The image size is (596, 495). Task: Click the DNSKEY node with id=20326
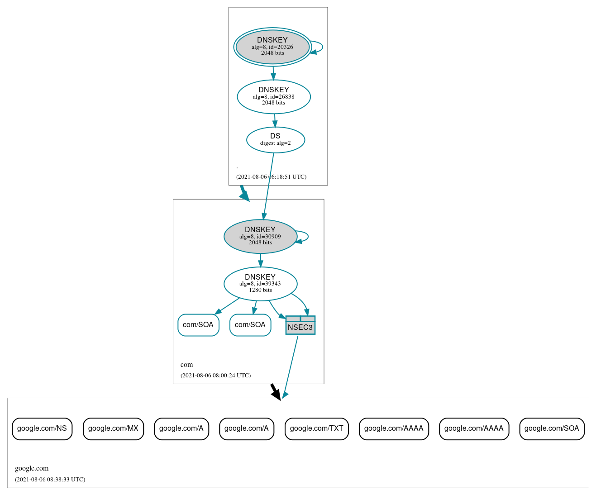point(272,47)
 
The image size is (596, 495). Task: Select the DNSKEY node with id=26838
point(274,96)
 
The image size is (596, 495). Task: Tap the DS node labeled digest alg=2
point(275,140)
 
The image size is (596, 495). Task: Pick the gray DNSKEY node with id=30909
point(260,236)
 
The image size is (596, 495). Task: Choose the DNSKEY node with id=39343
point(260,284)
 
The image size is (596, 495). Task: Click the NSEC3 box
point(300,325)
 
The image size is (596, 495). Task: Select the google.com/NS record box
point(42,428)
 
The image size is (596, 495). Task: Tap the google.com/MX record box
point(113,428)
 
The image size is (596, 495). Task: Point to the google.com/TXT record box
point(316,428)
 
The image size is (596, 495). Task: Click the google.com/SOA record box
point(552,428)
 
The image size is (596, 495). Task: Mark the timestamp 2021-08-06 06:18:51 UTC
point(271,177)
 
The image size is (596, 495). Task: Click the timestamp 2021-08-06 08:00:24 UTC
point(215,376)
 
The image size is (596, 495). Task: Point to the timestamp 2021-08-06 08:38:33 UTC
point(50,480)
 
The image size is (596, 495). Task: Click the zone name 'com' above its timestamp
point(186,365)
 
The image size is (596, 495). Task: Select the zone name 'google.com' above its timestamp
point(32,468)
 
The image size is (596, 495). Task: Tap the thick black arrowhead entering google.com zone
point(277,394)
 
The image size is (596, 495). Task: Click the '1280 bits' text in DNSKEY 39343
point(260,290)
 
